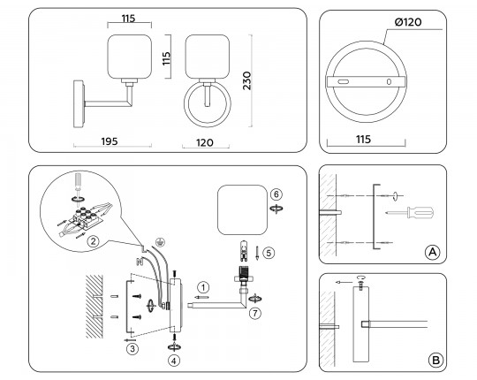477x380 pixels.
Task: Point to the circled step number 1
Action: pos(203,286)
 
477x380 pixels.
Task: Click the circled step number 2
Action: pos(91,241)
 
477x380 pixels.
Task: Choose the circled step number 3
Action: pos(132,349)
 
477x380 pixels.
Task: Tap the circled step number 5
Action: pos(269,252)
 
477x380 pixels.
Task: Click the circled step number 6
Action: pos(276,194)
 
